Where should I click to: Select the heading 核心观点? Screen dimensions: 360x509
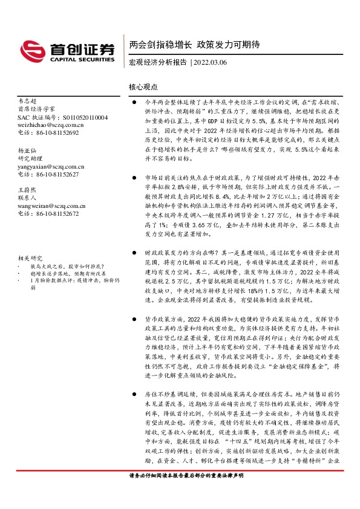click(143, 88)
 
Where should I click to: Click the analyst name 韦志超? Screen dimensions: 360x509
click(28, 102)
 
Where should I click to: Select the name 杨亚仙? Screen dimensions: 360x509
click(28, 151)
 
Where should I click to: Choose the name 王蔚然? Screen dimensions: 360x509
click(28, 190)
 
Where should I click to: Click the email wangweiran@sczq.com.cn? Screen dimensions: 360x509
click(51, 206)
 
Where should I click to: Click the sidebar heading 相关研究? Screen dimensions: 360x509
click(30, 257)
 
